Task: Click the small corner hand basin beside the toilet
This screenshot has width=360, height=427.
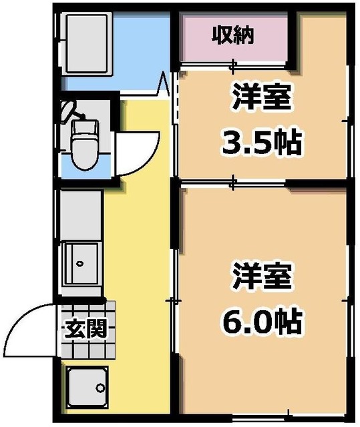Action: (x=67, y=109)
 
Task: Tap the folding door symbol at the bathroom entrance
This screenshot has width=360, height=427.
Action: (x=163, y=85)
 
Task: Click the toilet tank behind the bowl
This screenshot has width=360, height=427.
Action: (x=83, y=127)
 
